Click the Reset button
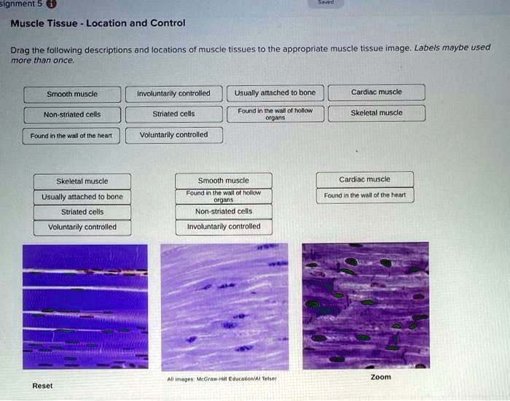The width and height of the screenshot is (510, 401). [x=42, y=386]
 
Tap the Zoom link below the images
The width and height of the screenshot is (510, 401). [x=380, y=377]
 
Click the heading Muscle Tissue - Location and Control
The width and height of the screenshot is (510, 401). [x=98, y=23]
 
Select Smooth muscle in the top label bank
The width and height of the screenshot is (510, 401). [x=71, y=94]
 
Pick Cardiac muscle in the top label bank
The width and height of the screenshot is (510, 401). [x=376, y=93]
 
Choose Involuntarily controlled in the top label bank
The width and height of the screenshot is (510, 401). [x=173, y=93]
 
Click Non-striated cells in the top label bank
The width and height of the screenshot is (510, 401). [x=71, y=114]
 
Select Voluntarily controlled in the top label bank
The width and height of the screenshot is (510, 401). [x=173, y=135]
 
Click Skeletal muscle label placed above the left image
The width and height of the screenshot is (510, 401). [x=82, y=182]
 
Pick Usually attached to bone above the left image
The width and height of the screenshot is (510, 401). [x=82, y=197]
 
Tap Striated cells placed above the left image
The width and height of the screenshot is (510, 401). [x=82, y=212]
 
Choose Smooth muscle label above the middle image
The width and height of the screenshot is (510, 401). [x=223, y=180]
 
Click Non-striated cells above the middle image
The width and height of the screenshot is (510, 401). [x=223, y=211]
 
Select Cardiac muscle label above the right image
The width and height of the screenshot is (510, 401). [x=364, y=179]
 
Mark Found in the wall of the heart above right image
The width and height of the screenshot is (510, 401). [x=364, y=195]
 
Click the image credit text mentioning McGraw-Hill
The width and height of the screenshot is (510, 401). [x=221, y=379]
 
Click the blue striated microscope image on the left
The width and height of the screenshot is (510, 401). [x=85, y=306]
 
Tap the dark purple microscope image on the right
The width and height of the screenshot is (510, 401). [x=365, y=306]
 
